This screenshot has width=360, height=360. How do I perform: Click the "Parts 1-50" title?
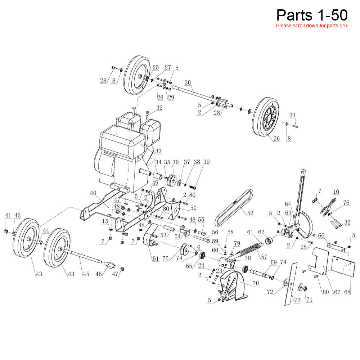point(312,15)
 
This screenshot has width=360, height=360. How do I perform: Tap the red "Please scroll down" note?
point(312,26)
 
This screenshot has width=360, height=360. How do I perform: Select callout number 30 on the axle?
point(188,82)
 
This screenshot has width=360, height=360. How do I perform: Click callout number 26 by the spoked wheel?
point(276,139)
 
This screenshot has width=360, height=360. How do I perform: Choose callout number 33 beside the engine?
point(158,151)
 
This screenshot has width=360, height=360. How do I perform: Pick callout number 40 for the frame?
point(93,193)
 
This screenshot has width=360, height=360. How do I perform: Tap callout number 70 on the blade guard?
point(255,283)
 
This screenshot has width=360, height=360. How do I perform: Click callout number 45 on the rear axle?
point(86,274)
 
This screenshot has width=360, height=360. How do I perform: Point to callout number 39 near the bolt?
point(206,162)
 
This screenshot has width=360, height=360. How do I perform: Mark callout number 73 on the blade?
point(297,300)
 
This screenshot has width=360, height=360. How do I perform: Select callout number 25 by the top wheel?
point(156,67)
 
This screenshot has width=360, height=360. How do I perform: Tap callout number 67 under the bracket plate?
point(337,292)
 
